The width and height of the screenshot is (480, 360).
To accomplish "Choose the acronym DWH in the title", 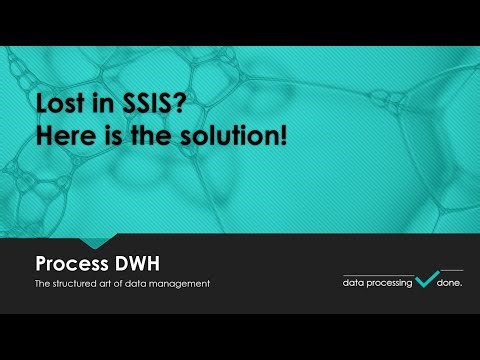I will (x=139, y=265).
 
